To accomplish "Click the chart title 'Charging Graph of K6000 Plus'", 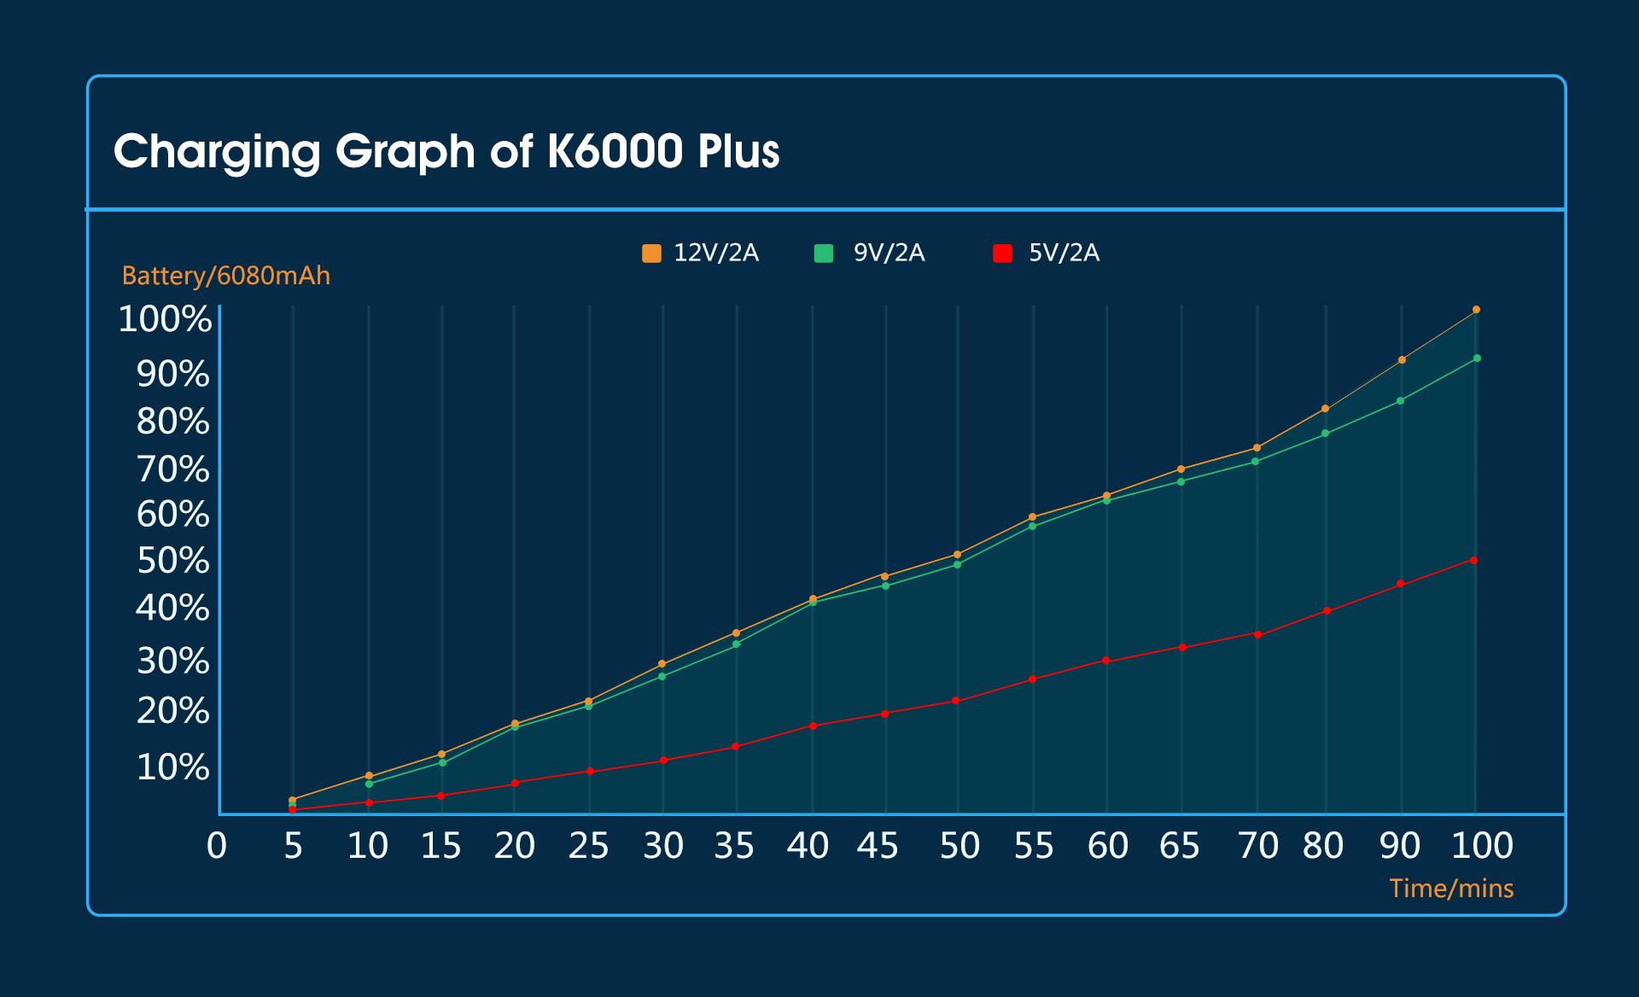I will [x=446, y=152].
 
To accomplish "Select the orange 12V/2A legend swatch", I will [x=651, y=254].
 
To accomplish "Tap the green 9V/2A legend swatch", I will [x=824, y=254].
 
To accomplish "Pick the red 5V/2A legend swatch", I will [x=1003, y=254].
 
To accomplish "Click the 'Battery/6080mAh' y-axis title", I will [x=226, y=276].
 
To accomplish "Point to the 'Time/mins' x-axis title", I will [x=1451, y=889].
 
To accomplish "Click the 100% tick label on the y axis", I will [x=165, y=319].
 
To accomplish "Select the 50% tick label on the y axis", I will [x=173, y=561].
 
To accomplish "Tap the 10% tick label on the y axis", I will [x=173, y=767].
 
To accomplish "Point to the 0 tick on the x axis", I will [x=217, y=846].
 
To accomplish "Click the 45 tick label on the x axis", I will [x=878, y=846].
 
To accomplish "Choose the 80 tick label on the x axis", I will [x=1323, y=846].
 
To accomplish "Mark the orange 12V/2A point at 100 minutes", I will [x=1477, y=310].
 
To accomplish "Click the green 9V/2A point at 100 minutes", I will [x=1477, y=359].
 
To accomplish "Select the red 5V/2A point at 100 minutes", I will [x=1474, y=560].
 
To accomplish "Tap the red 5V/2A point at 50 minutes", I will [x=956, y=701].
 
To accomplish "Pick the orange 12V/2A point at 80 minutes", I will [x=1325, y=409].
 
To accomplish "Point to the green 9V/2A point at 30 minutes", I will [x=662, y=676].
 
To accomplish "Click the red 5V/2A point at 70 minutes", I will [x=1257, y=633].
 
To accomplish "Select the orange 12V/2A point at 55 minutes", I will [x=1033, y=516].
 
